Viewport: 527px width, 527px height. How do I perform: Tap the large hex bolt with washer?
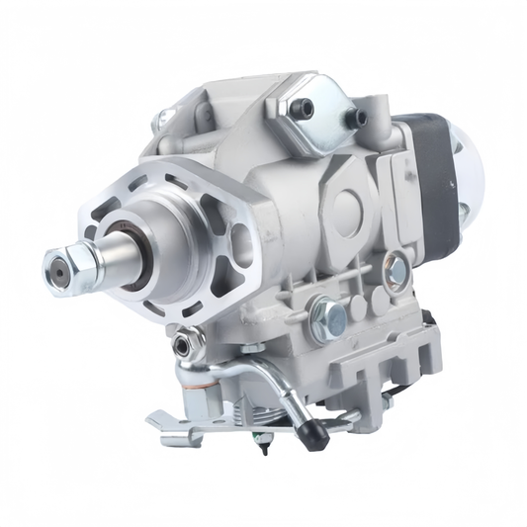pos(329,317)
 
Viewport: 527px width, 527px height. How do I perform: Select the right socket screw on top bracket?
pos(360,119)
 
